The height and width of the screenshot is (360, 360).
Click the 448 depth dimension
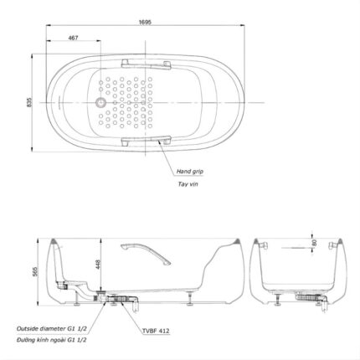pyautogui.click(x=98, y=265)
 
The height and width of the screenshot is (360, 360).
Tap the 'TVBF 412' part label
pyautogui.click(x=155, y=331)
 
